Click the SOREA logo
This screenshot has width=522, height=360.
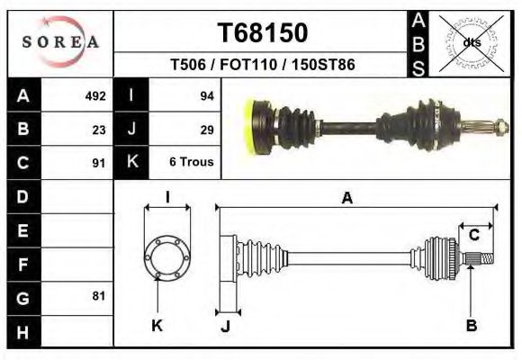point(60,42)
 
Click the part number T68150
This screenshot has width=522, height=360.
point(263,33)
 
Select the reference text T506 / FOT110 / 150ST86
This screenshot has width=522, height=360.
point(262,66)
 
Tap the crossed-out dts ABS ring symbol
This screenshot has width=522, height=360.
point(471,42)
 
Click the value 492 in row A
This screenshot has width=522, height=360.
point(95,95)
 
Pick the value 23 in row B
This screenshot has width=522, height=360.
point(99,129)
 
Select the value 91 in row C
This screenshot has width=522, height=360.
point(99,163)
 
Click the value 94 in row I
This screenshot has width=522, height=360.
point(206,95)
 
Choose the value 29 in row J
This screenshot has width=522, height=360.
point(206,129)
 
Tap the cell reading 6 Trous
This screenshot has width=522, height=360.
point(191,163)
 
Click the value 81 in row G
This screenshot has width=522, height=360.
point(99,296)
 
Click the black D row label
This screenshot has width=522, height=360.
point(23,196)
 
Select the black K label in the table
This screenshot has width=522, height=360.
point(132,163)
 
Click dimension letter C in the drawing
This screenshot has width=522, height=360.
point(473,236)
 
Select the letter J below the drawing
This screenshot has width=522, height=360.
point(226,327)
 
